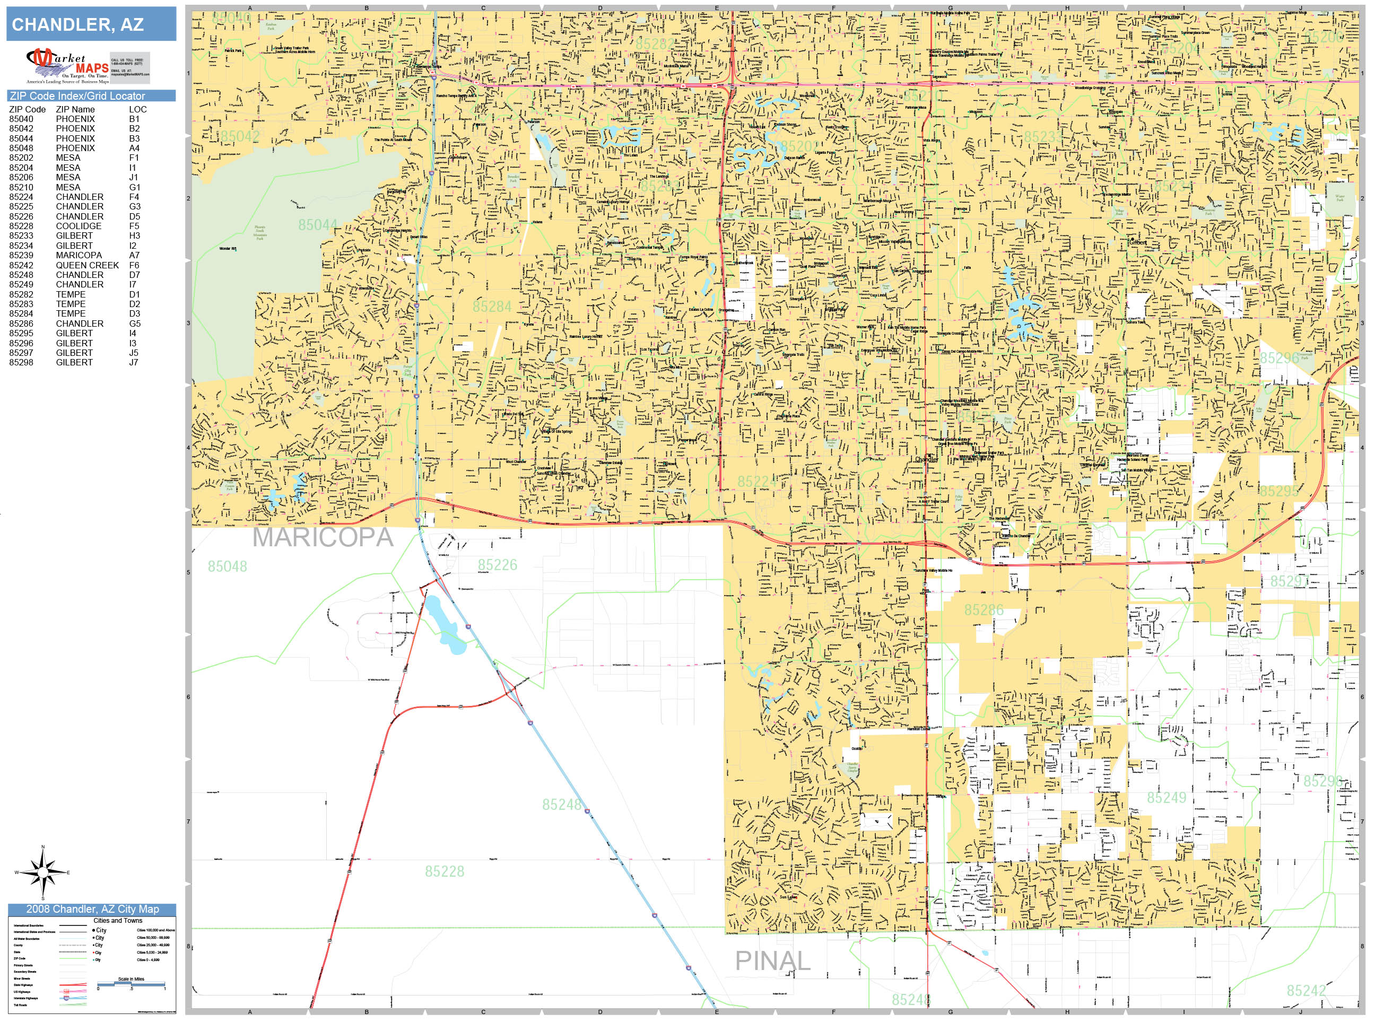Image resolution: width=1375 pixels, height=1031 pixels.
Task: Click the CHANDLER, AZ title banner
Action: tap(91, 25)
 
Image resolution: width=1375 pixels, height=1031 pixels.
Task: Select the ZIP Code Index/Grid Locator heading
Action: tap(91, 95)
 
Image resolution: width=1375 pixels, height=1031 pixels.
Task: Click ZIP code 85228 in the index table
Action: tap(21, 226)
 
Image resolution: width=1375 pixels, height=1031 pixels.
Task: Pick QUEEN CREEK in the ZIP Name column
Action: tap(87, 265)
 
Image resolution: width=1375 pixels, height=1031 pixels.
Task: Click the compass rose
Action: tap(42, 872)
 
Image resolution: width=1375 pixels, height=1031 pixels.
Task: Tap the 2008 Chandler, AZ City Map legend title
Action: tap(92, 909)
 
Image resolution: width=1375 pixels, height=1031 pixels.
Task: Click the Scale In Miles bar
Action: tap(131, 984)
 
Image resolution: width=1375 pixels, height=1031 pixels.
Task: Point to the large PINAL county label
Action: tap(773, 962)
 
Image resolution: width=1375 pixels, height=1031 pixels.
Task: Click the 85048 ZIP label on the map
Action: tap(227, 567)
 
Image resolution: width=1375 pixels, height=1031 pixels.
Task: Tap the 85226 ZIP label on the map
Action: tap(497, 565)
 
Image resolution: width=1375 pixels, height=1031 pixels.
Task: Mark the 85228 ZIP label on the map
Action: tap(445, 872)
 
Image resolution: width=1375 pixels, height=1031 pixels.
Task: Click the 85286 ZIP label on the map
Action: tap(984, 610)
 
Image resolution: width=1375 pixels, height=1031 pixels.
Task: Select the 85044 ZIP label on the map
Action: tap(318, 225)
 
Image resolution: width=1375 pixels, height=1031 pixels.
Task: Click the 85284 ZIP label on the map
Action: tap(492, 307)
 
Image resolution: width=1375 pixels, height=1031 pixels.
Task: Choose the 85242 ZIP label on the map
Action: tap(1306, 991)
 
